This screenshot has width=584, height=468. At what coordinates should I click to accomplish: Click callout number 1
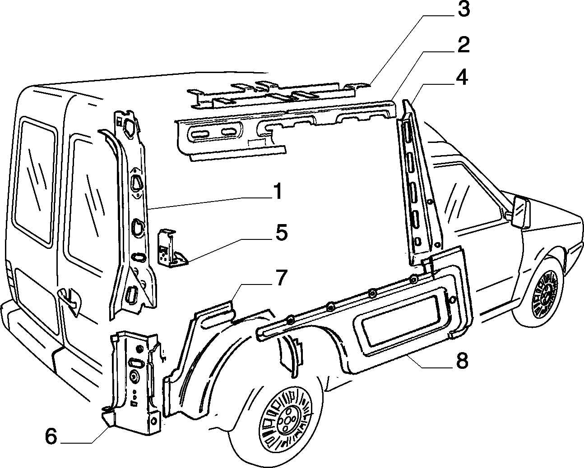click(277, 191)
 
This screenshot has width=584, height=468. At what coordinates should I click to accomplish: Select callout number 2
click(463, 45)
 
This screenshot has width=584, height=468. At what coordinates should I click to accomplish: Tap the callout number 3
click(463, 9)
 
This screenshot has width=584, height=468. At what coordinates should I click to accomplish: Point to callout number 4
click(462, 77)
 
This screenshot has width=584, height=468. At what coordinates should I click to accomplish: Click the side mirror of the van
click(520, 212)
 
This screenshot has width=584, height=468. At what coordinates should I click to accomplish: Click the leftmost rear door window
click(35, 181)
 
